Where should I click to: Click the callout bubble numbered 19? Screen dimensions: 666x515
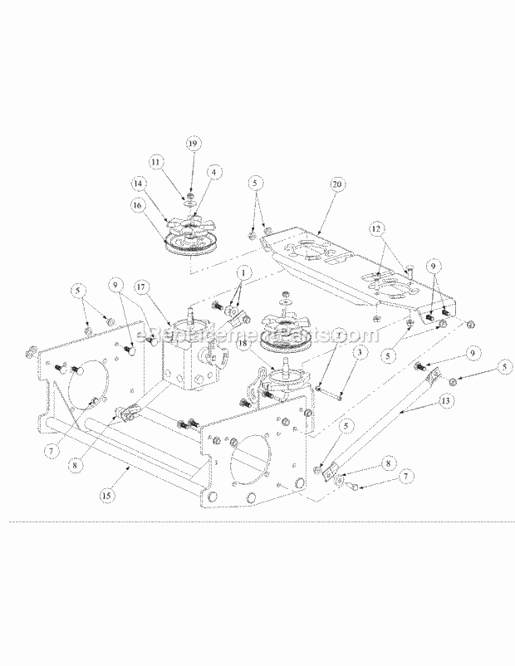click(x=193, y=144)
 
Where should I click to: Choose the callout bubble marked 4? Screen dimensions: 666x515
click(x=214, y=172)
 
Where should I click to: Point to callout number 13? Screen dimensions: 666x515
click(x=448, y=400)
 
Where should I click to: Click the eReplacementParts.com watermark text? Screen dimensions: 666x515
click(x=257, y=334)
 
